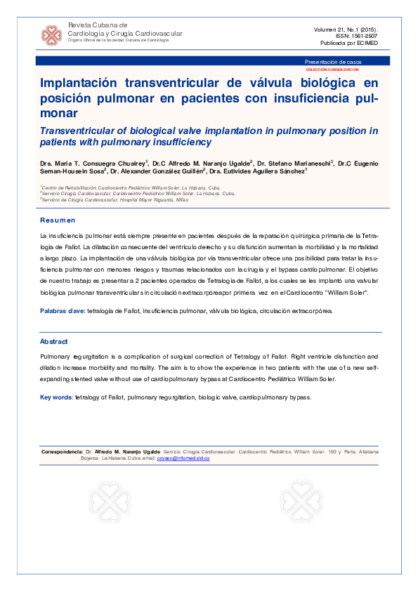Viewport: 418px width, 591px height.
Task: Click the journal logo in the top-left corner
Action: tap(51, 34)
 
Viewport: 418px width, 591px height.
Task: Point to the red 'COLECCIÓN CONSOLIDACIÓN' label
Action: tap(332, 69)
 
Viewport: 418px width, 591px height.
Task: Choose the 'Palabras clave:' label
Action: tap(63, 310)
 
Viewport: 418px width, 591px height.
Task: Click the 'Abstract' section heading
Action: tap(54, 342)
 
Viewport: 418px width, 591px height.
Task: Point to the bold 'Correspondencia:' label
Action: tap(63, 451)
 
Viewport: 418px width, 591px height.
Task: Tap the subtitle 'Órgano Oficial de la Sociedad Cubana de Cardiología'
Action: tap(117, 41)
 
